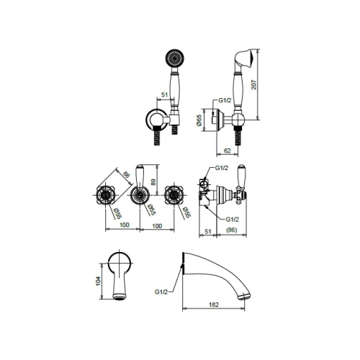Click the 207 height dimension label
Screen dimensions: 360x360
click(x=253, y=84)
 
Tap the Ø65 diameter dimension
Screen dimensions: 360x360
click(x=199, y=120)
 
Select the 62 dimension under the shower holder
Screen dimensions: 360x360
click(x=227, y=150)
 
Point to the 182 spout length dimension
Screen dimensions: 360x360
click(x=214, y=305)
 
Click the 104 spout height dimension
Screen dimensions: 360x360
click(x=98, y=281)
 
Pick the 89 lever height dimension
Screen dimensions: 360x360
click(x=153, y=181)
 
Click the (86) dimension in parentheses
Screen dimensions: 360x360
click(x=232, y=230)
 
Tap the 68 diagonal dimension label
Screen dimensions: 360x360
click(x=126, y=174)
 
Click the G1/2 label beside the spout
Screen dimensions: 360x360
click(x=161, y=292)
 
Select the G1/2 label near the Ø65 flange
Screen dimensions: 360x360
click(x=225, y=100)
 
